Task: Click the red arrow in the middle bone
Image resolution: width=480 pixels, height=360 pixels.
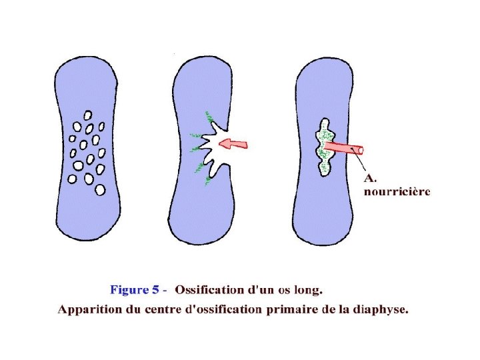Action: pyautogui.click(x=234, y=143)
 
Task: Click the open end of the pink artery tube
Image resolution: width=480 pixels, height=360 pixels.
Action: pyautogui.click(x=360, y=151)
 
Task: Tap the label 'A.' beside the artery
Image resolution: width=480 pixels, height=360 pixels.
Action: pyautogui.click(x=370, y=178)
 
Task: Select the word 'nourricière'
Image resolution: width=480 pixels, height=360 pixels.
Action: pyautogui.click(x=397, y=192)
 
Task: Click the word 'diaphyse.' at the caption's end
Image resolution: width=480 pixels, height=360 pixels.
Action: pyautogui.click(x=383, y=310)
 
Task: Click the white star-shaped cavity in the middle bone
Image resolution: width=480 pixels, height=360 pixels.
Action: pyautogui.click(x=212, y=150)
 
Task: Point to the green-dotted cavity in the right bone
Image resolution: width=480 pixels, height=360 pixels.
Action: pyautogui.click(x=325, y=147)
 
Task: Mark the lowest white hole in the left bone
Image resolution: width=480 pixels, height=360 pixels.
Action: pyautogui.click(x=101, y=189)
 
